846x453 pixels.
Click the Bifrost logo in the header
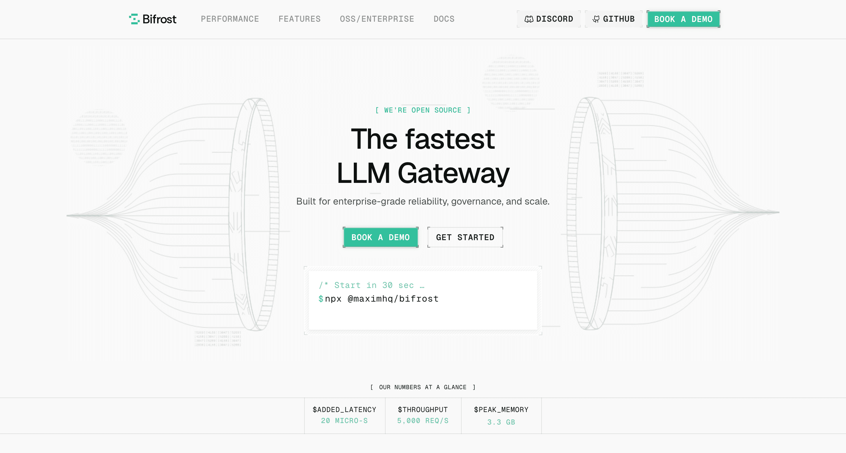153,19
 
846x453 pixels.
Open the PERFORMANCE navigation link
230,19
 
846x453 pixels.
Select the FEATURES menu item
299,19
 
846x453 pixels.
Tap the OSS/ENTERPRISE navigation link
377,19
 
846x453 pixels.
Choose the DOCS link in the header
444,19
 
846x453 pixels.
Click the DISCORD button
548,19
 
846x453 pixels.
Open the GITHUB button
613,19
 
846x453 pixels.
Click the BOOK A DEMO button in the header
683,19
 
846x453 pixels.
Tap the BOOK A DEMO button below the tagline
380,237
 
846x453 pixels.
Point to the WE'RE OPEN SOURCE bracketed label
423,110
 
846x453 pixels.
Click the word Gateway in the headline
454,173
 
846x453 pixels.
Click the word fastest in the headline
450,139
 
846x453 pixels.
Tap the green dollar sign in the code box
321,299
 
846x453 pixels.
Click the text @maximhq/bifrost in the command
393,299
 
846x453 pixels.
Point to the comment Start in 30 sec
374,285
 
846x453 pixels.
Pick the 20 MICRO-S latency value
344,421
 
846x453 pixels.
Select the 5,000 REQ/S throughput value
423,421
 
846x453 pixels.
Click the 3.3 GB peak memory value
501,422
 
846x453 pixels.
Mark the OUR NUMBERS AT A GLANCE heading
423,387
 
